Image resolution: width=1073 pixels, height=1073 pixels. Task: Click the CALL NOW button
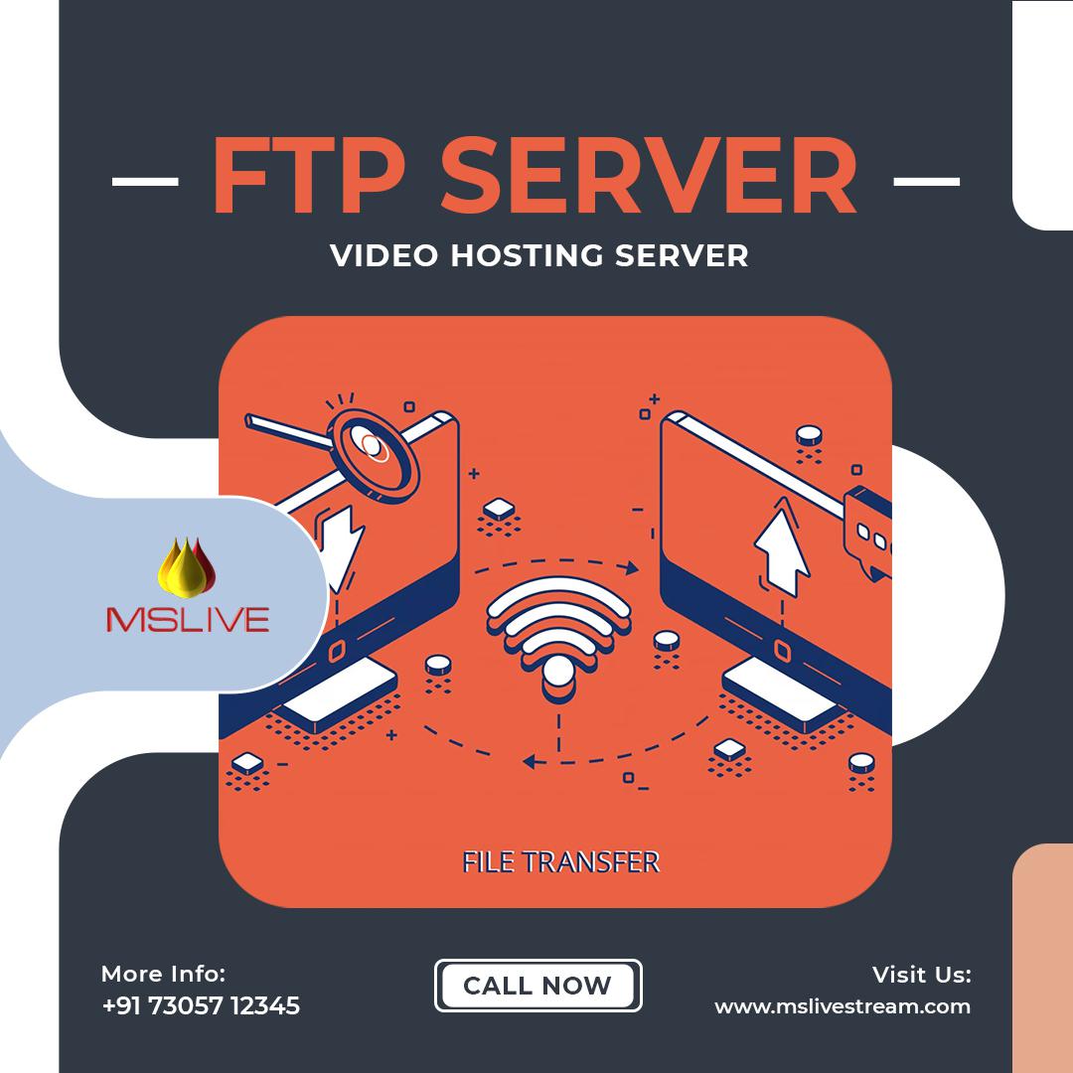[x=537, y=986]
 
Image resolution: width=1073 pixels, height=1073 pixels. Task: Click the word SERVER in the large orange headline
[x=648, y=180]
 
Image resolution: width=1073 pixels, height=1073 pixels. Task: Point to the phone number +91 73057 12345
[x=201, y=1005]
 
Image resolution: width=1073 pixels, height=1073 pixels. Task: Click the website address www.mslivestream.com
[x=843, y=1005]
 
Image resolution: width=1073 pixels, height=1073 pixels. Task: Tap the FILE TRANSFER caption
[x=560, y=860]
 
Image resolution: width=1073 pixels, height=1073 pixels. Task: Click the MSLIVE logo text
[x=188, y=620]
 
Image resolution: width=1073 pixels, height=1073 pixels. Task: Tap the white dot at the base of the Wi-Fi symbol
[x=558, y=672]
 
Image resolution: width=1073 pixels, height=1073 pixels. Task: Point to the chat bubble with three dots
[x=868, y=531]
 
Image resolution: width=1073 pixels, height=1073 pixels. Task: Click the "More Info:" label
[x=163, y=974]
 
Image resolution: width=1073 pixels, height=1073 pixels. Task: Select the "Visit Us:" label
[x=921, y=974]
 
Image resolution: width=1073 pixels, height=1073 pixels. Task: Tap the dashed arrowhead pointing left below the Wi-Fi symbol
[x=531, y=762]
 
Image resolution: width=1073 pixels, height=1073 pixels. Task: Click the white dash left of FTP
[x=145, y=182]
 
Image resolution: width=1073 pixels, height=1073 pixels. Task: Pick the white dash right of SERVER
[x=926, y=182]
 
